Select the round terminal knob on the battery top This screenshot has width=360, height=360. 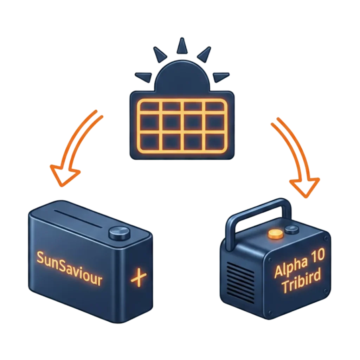pos(118,233)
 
